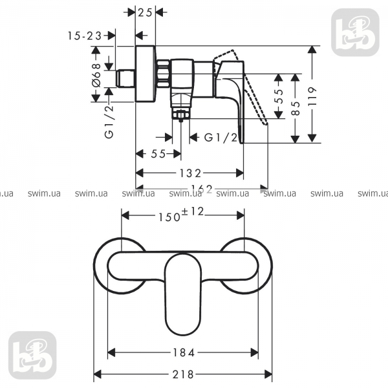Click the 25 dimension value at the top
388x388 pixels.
145,12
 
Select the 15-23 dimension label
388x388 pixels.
85,36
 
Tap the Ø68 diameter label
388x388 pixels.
96,75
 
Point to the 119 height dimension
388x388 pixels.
312,96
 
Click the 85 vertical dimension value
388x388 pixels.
296,108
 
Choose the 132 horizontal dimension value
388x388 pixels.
190,173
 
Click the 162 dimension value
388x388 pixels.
202,189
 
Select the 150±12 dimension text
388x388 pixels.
181,215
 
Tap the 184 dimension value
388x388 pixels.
183,352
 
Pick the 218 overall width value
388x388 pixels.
183,374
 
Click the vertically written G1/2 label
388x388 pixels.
109,122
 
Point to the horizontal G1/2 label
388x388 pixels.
221,137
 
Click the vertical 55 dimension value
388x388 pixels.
278,96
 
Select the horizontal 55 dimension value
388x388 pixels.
158,154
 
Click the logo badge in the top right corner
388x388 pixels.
355,32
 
